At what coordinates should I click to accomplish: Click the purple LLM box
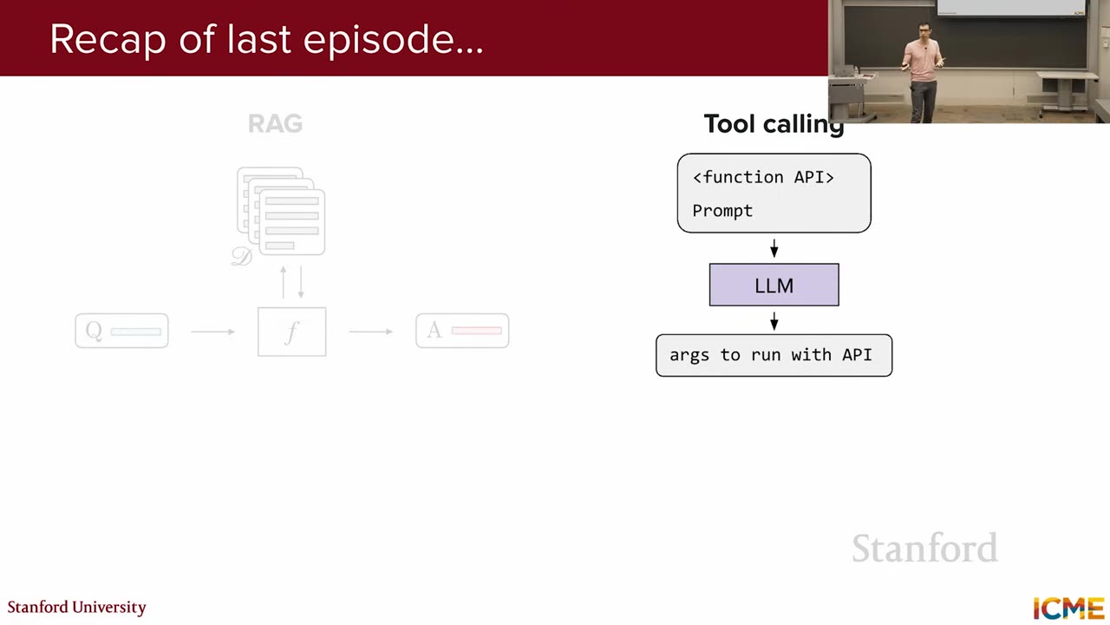point(774,285)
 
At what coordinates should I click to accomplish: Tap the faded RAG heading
point(275,123)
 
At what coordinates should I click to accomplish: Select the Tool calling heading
point(774,124)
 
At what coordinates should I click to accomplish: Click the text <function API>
point(763,177)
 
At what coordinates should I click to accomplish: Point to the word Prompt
point(722,211)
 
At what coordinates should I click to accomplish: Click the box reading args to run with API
point(774,355)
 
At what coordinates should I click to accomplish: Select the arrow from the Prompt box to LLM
point(774,248)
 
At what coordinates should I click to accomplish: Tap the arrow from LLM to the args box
point(774,321)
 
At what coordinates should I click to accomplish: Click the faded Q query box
point(122,331)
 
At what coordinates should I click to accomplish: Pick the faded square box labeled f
point(292,332)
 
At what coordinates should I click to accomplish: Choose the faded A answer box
point(462,331)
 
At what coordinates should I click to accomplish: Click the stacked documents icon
point(281,211)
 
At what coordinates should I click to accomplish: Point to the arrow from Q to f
point(212,332)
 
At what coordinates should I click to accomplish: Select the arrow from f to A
point(371,332)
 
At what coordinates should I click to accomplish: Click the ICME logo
point(1068,609)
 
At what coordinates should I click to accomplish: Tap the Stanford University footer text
point(77,608)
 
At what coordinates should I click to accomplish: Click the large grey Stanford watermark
point(924,548)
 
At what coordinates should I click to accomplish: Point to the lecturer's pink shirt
point(922,61)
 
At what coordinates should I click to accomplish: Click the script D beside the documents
point(242,256)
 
